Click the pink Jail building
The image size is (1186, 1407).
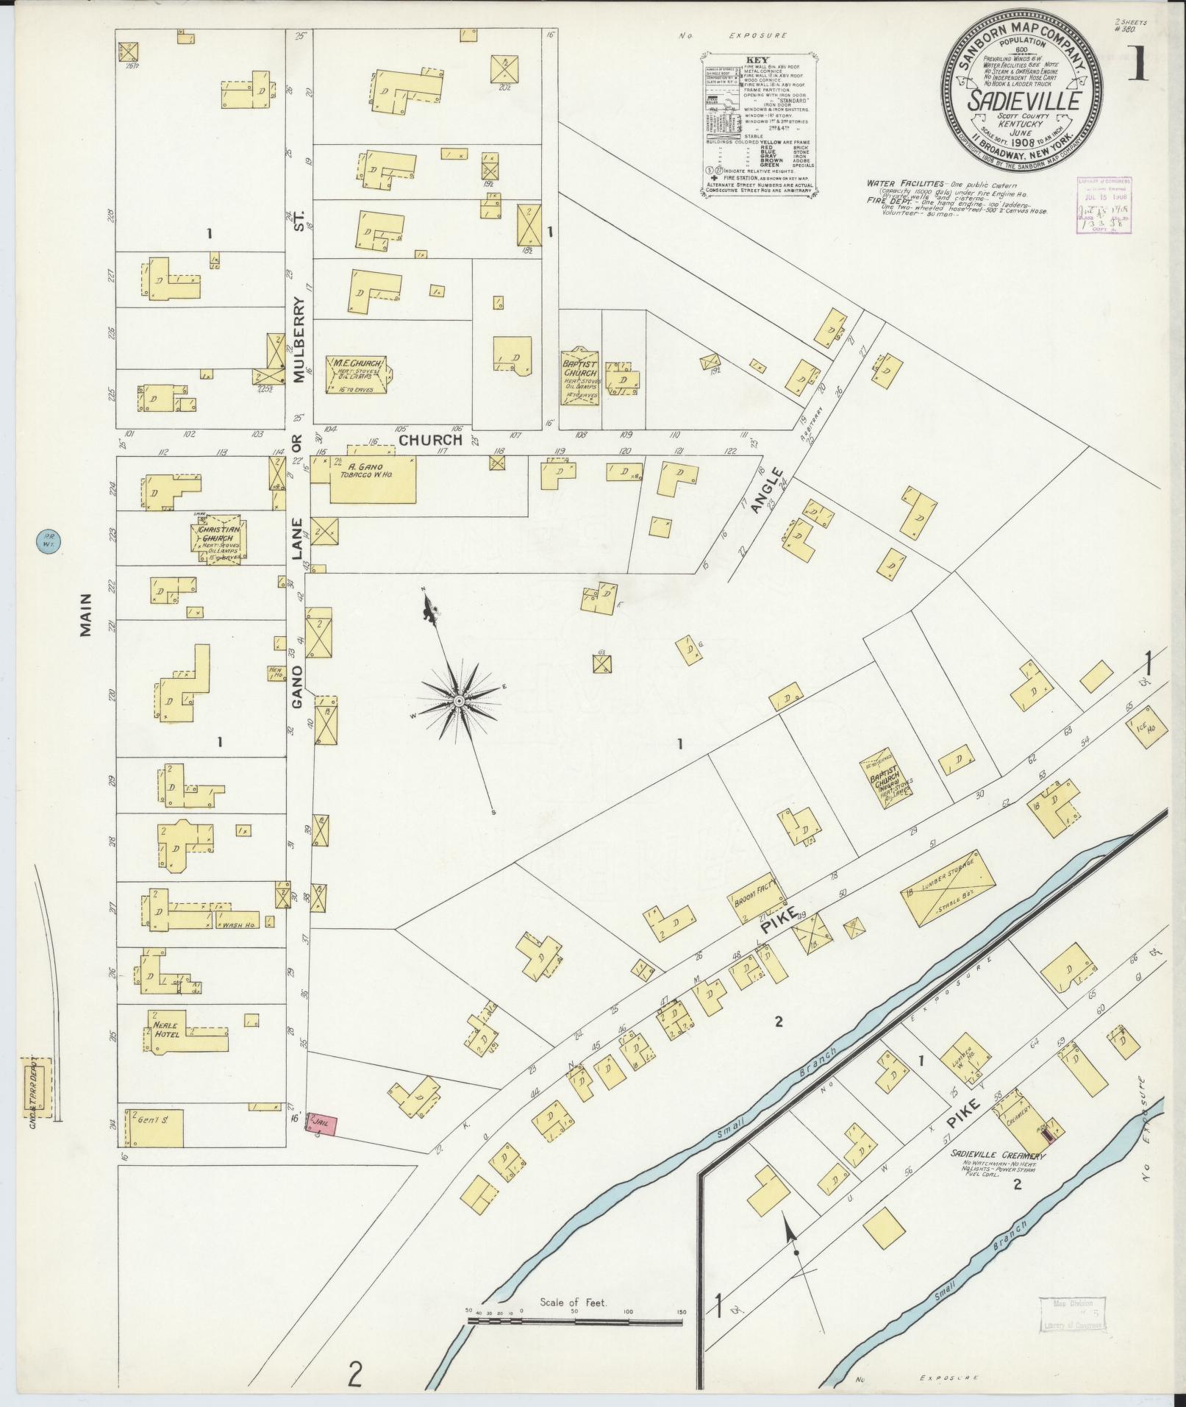(321, 1145)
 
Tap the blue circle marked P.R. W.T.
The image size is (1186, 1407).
(47, 545)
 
